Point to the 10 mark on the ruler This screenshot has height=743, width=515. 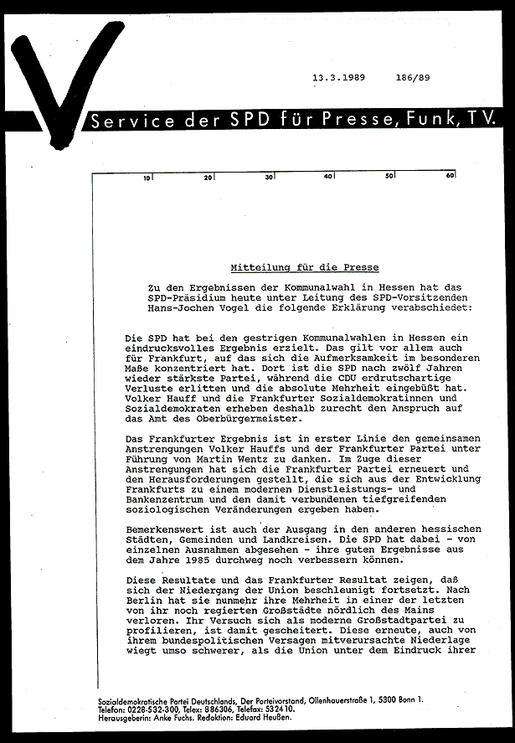point(147,178)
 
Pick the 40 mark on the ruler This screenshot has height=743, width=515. point(328,177)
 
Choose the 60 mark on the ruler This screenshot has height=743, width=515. point(450,177)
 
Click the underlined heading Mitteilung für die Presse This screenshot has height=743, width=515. point(304,268)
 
